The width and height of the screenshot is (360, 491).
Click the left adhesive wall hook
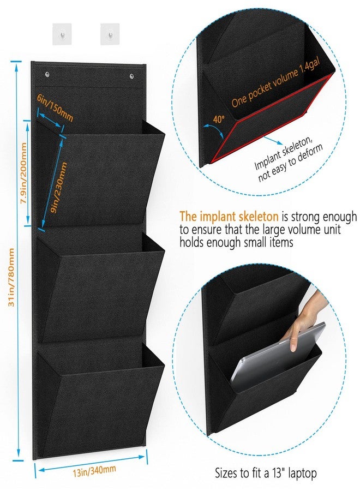62,34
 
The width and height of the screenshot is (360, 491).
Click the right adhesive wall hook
110,34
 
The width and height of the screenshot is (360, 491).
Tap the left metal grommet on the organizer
47,75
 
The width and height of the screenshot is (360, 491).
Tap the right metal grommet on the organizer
131,76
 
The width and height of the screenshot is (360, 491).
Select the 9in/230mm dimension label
59,188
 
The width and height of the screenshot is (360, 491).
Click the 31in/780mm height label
11,277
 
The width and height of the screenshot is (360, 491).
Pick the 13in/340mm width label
94,471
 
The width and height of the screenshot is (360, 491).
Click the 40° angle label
219,119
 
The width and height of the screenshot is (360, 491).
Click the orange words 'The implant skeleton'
229,217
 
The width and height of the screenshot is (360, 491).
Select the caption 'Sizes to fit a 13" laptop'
266,472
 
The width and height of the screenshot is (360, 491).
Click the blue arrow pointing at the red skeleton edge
273,140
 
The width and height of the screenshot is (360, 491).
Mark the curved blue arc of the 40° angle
214,128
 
